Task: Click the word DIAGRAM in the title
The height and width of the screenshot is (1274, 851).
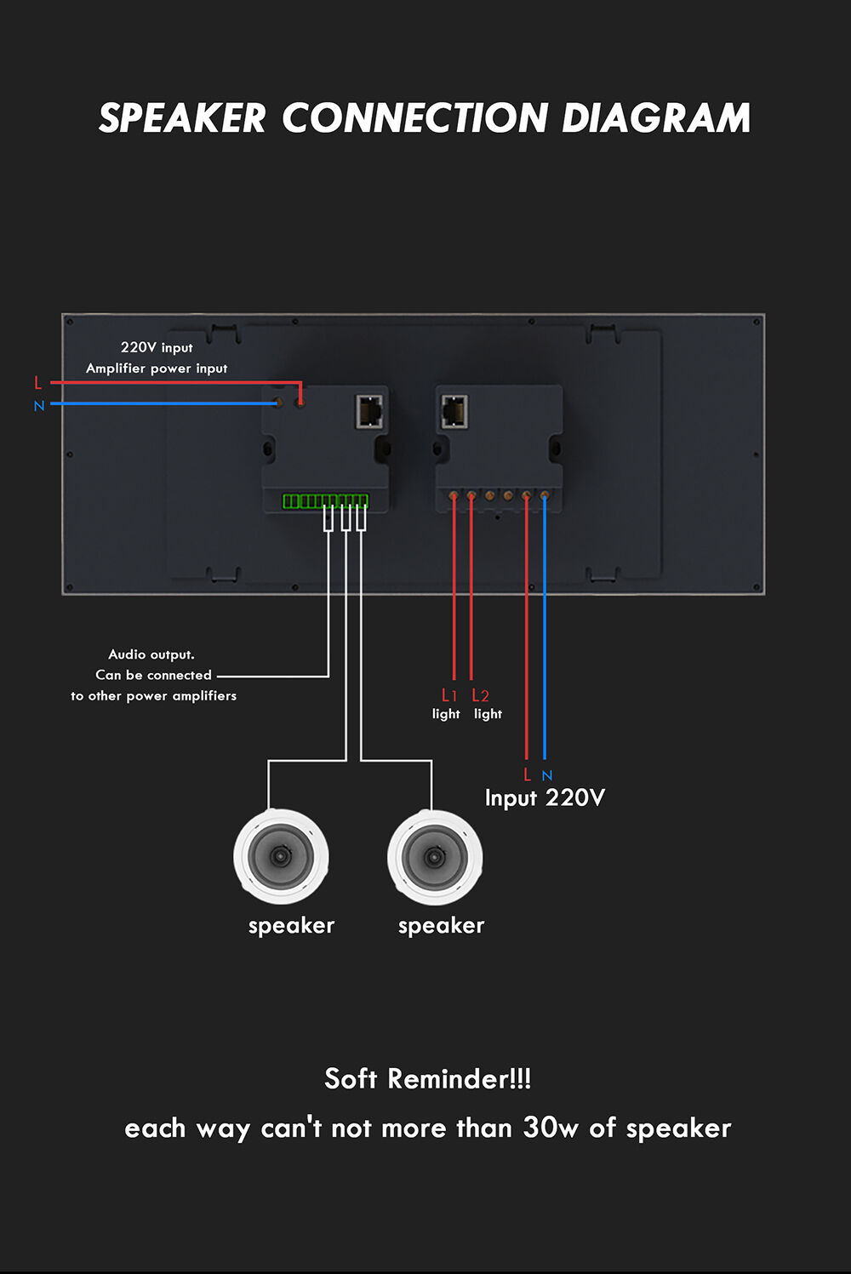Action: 656,117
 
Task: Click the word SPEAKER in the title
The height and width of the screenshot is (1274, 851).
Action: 182,117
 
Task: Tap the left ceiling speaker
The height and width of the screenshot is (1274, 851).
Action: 281,856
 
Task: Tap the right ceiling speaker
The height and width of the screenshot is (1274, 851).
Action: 435,856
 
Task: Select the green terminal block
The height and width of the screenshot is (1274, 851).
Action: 325,501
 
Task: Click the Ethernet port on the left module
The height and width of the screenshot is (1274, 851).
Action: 369,411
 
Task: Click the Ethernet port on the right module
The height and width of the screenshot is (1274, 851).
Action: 455,411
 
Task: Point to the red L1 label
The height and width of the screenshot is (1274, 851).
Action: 449,695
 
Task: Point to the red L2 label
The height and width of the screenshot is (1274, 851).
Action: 480,695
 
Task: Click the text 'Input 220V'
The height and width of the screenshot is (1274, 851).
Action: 545,798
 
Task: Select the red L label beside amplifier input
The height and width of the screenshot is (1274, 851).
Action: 38,383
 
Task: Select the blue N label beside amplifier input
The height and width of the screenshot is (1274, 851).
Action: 38,406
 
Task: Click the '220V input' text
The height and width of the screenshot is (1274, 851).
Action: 157,347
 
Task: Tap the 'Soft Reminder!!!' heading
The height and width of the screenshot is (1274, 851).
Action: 428,1078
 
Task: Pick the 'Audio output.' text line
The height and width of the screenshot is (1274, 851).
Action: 151,654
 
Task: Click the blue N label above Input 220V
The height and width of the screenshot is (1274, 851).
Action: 547,775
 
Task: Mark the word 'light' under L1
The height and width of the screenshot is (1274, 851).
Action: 446,714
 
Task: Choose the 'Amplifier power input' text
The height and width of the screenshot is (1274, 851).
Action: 157,368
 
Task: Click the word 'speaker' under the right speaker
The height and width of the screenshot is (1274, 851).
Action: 442,926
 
